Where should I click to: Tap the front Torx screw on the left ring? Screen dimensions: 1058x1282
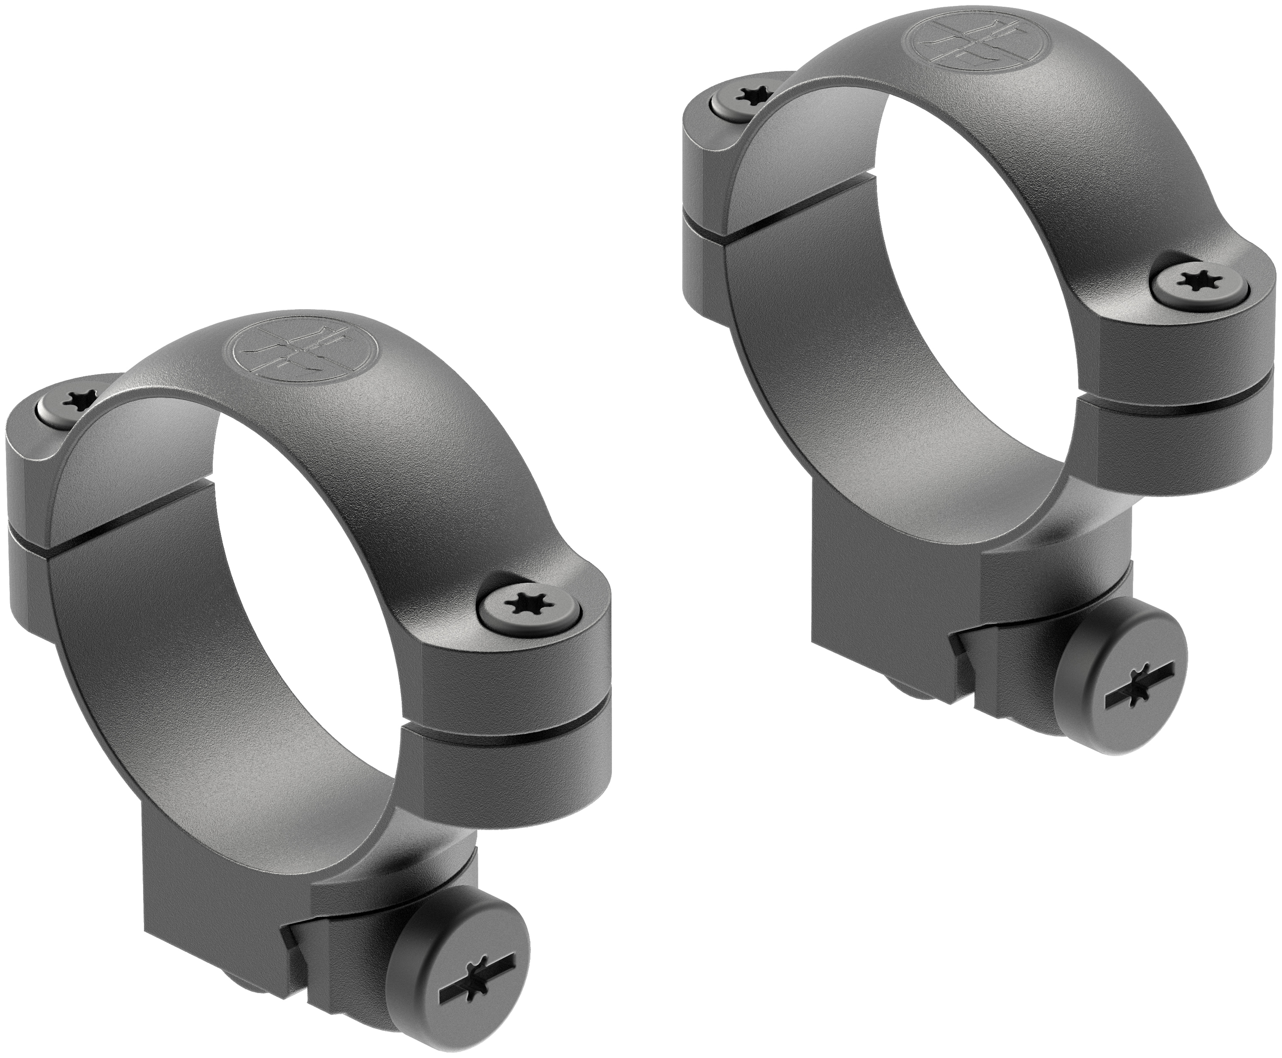coord(527,604)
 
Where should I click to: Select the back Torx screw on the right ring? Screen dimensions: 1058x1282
coord(750,95)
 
